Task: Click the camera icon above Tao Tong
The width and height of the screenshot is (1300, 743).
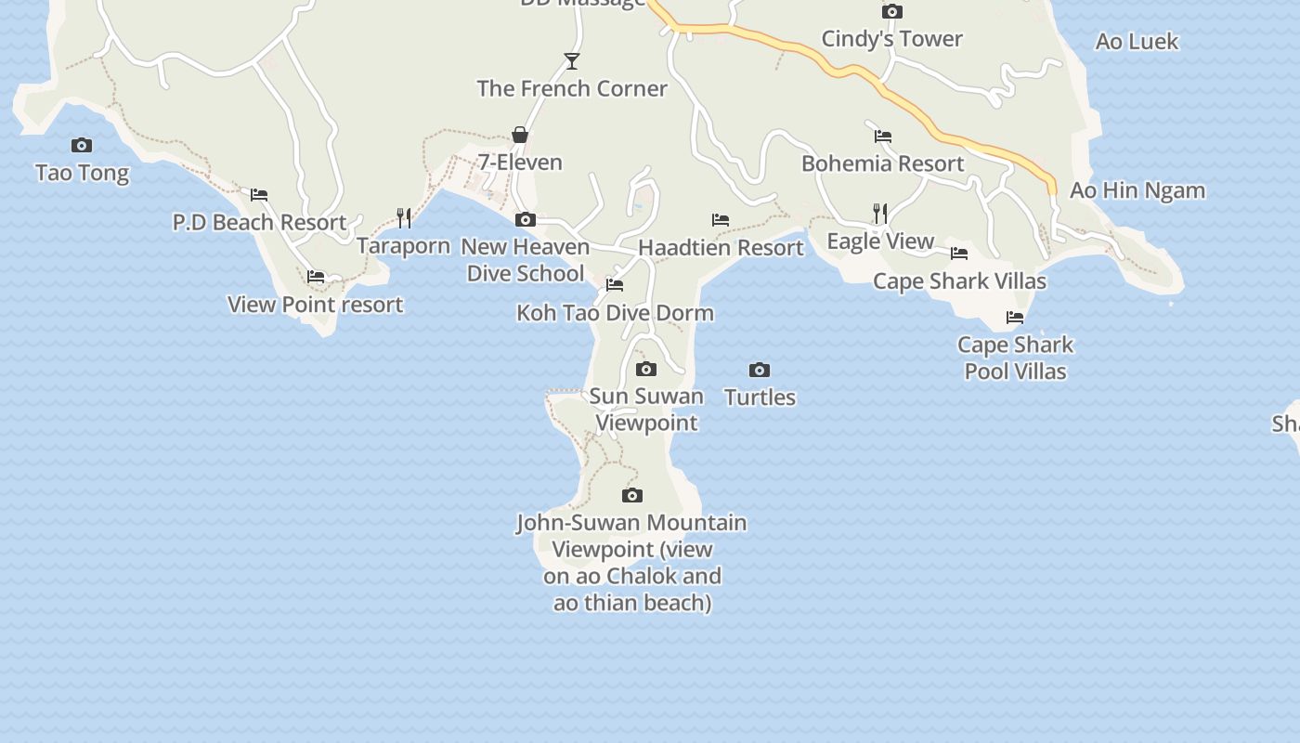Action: [x=82, y=145]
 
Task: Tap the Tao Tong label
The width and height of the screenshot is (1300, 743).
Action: [x=82, y=173]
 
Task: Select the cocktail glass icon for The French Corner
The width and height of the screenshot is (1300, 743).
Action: [x=572, y=61]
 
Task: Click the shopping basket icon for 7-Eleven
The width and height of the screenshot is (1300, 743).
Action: [x=520, y=136]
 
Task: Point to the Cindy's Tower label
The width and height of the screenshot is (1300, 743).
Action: [x=891, y=39]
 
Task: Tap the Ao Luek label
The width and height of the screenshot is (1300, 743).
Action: [x=1137, y=42]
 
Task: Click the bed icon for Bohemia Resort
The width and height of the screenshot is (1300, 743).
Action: [x=883, y=137]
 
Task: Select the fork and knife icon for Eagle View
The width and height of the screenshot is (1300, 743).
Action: [x=880, y=214]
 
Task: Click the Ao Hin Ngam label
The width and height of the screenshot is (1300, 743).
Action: [x=1137, y=190]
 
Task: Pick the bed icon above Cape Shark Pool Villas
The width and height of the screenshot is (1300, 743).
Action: [x=1015, y=318]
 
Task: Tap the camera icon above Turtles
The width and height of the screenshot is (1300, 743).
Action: [x=760, y=370]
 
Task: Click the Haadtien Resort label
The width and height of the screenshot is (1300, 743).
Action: [x=721, y=248]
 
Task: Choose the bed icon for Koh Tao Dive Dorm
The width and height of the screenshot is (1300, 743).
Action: [x=615, y=285]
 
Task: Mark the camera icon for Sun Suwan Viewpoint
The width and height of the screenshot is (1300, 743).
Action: [x=646, y=370]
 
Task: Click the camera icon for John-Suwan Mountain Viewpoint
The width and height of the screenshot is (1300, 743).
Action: [x=632, y=495]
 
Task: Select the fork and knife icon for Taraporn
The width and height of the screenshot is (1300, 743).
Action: [x=404, y=218]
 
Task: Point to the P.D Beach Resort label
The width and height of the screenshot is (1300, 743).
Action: [x=259, y=223]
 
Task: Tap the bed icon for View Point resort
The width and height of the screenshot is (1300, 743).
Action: [x=316, y=277]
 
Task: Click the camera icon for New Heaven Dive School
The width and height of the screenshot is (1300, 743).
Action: [x=526, y=220]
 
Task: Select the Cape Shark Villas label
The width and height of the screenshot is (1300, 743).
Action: [x=959, y=281]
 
